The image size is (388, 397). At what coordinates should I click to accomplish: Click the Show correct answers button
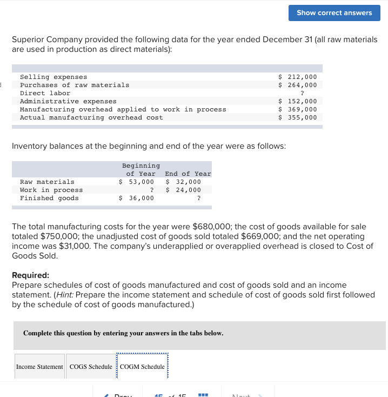pyautogui.click(x=334, y=12)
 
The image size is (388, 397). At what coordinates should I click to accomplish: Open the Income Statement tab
pyautogui.click(x=39, y=367)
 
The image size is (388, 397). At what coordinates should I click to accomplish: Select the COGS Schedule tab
pyautogui.click(x=91, y=367)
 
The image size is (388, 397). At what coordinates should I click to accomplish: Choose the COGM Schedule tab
pyautogui.click(x=142, y=367)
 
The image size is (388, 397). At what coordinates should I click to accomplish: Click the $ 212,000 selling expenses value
pyautogui.click(x=297, y=77)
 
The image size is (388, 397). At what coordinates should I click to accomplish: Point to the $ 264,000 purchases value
pyautogui.click(x=297, y=85)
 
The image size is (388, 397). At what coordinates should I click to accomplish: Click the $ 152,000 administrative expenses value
pyautogui.click(x=297, y=101)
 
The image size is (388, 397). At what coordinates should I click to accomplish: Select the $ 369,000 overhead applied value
pyautogui.click(x=297, y=109)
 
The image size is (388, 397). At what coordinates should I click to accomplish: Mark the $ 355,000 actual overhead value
pyautogui.click(x=297, y=117)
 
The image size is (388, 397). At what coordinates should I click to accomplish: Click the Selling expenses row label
pyautogui.click(x=53, y=77)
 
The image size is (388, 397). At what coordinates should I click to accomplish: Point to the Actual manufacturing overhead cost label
pyautogui.click(x=91, y=117)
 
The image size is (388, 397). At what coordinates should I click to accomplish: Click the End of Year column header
pyautogui.click(x=188, y=174)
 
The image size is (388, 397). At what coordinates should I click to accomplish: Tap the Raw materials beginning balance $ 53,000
pyautogui.click(x=136, y=182)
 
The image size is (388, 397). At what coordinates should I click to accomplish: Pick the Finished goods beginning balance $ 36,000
pyautogui.click(x=136, y=198)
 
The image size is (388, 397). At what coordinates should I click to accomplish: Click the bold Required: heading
pyautogui.click(x=30, y=275)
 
